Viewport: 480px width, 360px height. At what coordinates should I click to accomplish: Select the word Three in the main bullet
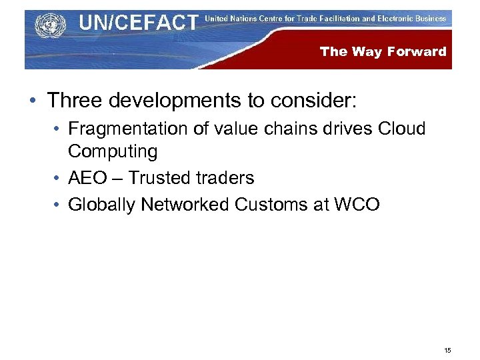73,101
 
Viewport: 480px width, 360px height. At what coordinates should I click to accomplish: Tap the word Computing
113,151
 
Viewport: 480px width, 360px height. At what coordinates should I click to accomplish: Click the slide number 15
447,350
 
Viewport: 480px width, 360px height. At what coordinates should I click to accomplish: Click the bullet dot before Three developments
32,101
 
